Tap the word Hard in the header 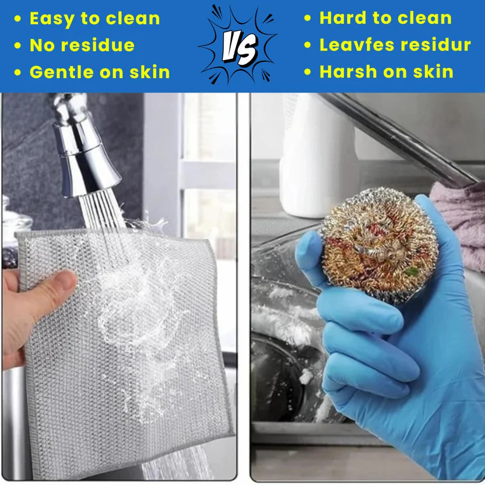point(342,18)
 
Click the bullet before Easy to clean point(18,19)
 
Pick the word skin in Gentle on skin point(149,72)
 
